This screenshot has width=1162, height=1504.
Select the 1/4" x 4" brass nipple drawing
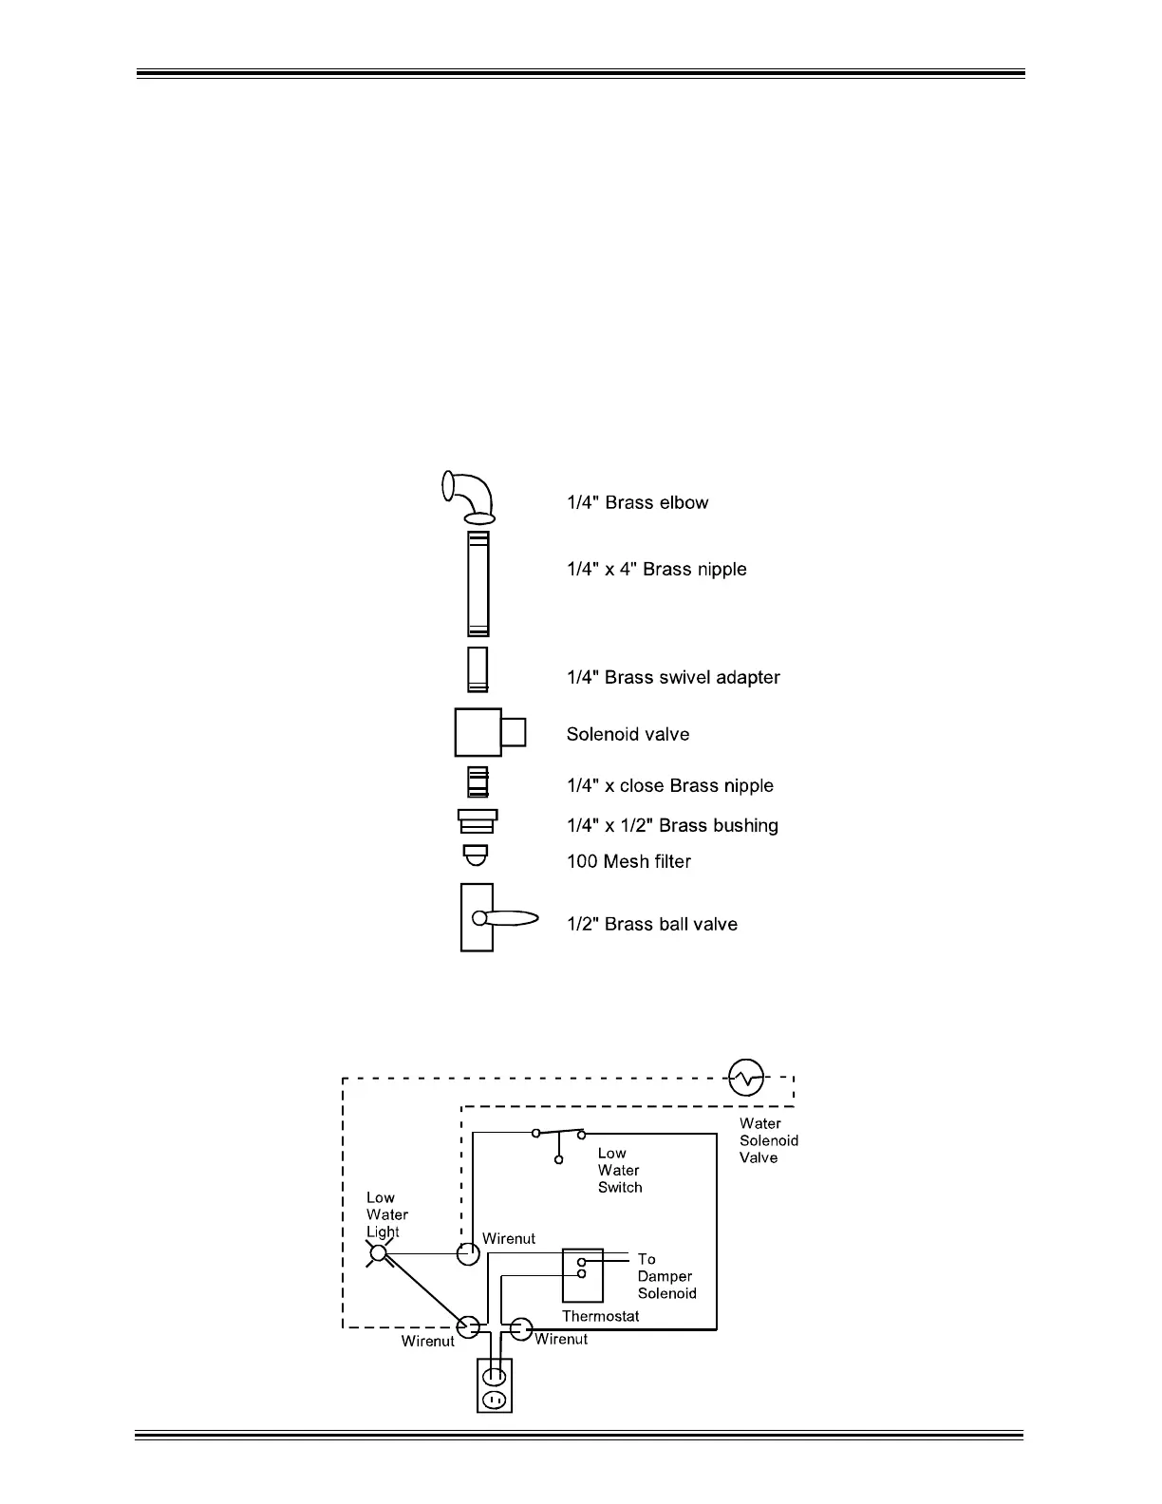(478, 583)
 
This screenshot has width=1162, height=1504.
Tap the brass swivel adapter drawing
(478, 669)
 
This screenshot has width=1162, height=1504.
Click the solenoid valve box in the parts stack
(479, 732)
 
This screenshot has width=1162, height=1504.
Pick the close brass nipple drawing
(478, 782)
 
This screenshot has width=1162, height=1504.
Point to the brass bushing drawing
(478, 820)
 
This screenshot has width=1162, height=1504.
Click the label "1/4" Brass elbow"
(637, 502)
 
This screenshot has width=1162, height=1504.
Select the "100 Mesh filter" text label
(628, 861)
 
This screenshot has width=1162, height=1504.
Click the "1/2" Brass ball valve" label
(651, 924)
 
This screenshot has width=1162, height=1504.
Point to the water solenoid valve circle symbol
(745, 1077)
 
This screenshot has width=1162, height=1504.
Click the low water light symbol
(379, 1253)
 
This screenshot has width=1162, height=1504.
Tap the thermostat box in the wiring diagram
(582, 1275)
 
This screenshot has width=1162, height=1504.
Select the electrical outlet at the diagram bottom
(493, 1385)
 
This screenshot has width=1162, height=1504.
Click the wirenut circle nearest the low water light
(468, 1253)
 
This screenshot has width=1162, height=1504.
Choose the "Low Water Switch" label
(619, 1170)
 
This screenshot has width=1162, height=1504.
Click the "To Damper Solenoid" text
(665, 1276)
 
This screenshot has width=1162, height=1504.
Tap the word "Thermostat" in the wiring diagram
(600, 1316)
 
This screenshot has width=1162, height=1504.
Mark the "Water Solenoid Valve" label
(768, 1140)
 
